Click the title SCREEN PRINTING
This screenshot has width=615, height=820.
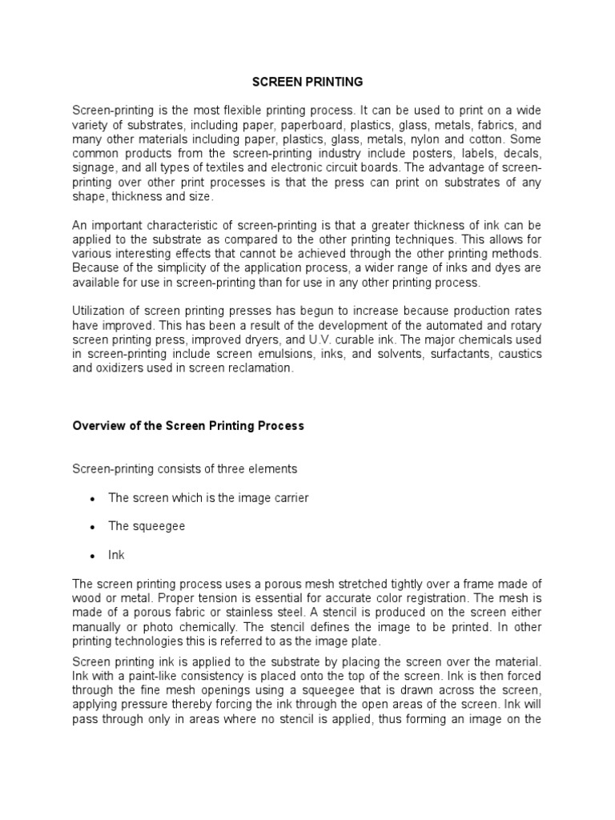coord(307,82)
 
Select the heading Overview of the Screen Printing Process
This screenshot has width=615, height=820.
coord(188,426)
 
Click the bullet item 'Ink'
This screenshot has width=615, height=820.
coord(117,554)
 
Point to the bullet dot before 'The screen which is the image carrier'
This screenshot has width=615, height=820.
coord(93,499)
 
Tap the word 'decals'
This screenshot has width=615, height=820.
coord(522,153)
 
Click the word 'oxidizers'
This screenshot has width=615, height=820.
coord(123,369)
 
